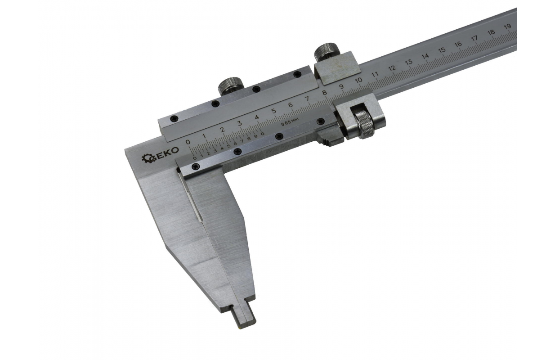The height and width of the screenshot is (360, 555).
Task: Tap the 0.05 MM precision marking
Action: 290,122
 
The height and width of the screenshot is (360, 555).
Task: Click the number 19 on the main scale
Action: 507,26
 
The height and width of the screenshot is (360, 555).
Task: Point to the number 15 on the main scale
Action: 442,50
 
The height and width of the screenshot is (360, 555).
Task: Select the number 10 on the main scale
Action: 358,80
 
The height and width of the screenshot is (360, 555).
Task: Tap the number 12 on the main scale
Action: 392,68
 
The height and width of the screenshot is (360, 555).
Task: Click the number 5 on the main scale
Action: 273,111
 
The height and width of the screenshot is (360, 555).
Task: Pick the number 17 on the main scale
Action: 474,38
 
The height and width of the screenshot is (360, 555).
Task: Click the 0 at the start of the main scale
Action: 188,142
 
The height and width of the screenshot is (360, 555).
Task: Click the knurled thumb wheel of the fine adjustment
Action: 364,125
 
